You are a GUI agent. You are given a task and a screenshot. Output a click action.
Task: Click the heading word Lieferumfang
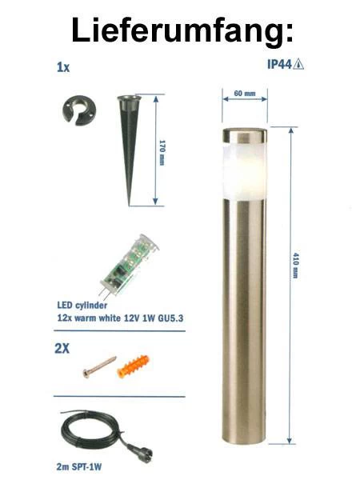(x=182, y=30)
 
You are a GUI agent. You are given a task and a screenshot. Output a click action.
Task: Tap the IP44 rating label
(x=280, y=64)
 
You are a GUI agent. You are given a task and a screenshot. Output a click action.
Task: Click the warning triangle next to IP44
(x=298, y=64)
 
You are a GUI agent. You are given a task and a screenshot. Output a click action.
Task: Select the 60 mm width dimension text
(x=245, y=93)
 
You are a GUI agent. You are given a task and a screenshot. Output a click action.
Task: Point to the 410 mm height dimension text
(x=295, y=266)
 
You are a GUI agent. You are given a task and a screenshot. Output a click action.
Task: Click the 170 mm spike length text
(x=162, y=153)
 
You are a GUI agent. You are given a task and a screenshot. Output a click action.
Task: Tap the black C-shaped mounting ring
(x=79, y=110)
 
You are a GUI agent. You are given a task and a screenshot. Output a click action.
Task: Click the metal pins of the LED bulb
(x=104, y=294)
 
